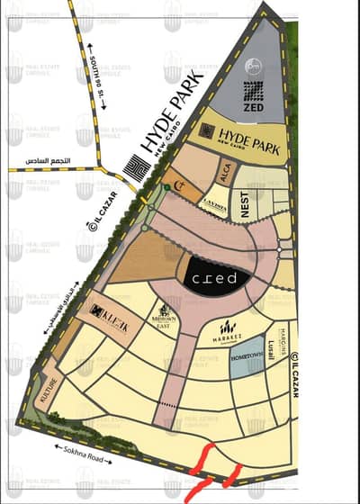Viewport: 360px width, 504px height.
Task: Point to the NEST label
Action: [x=246, y=206]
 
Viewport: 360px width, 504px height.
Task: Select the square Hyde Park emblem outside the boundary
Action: [x=134, y=167]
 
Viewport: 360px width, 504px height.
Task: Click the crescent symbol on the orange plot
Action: [x=181, y=185]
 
